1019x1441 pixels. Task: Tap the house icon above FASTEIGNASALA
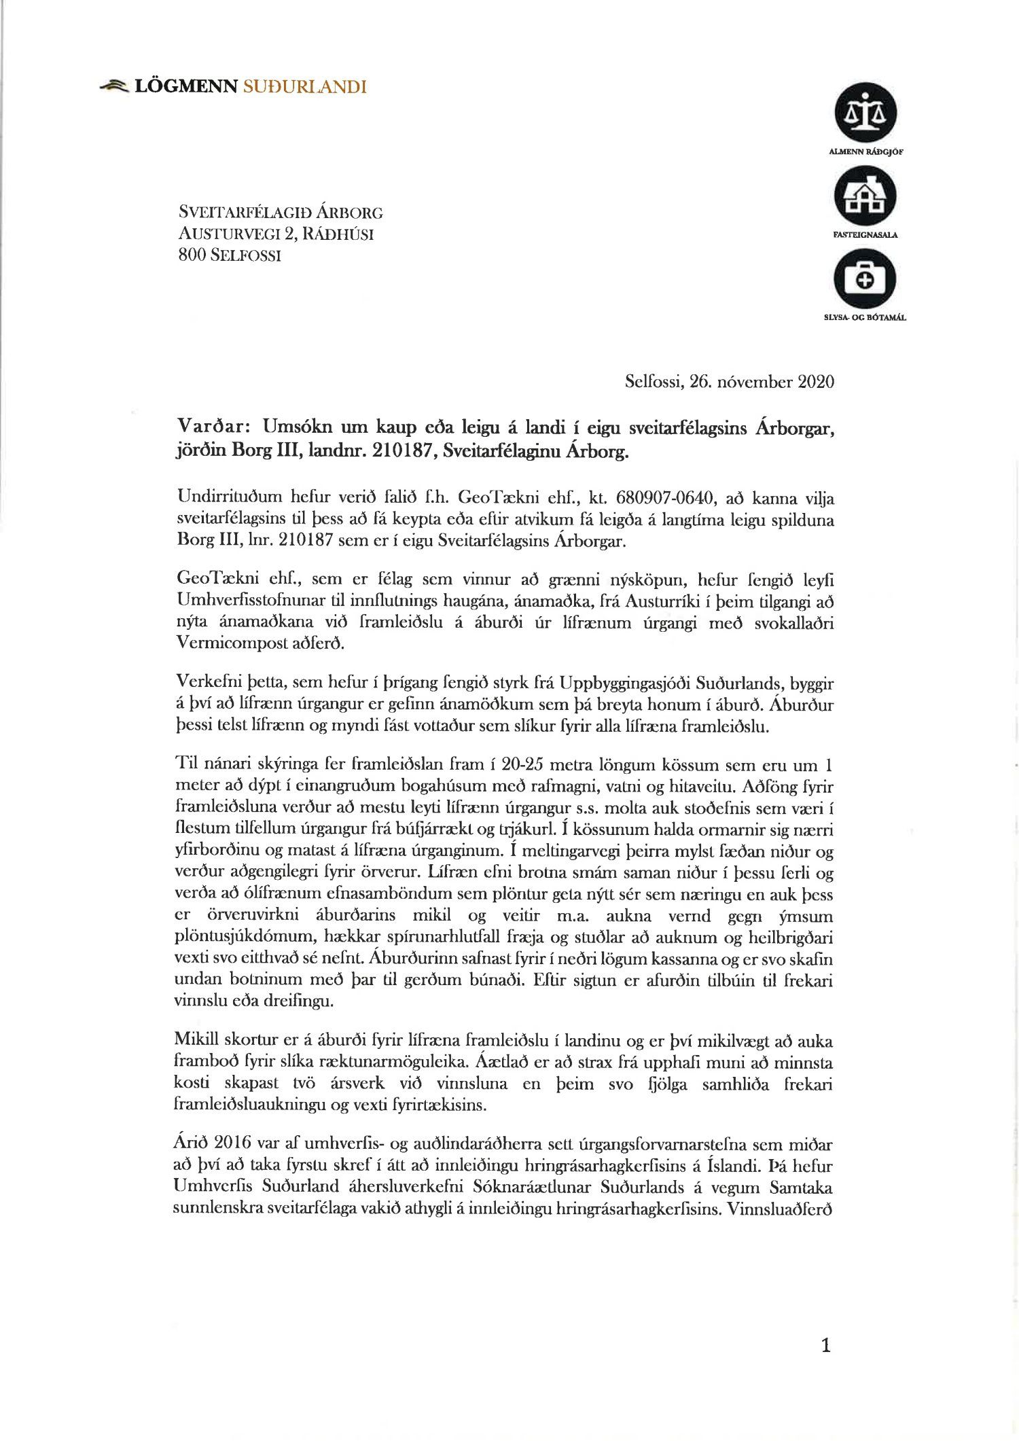865,196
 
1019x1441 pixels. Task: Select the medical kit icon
865,279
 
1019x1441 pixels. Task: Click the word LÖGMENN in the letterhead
186,86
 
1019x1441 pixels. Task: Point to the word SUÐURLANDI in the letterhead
304,86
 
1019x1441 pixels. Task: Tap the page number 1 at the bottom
825,1345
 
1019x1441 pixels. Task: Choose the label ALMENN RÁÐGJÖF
865,152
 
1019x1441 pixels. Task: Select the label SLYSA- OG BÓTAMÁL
865,317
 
